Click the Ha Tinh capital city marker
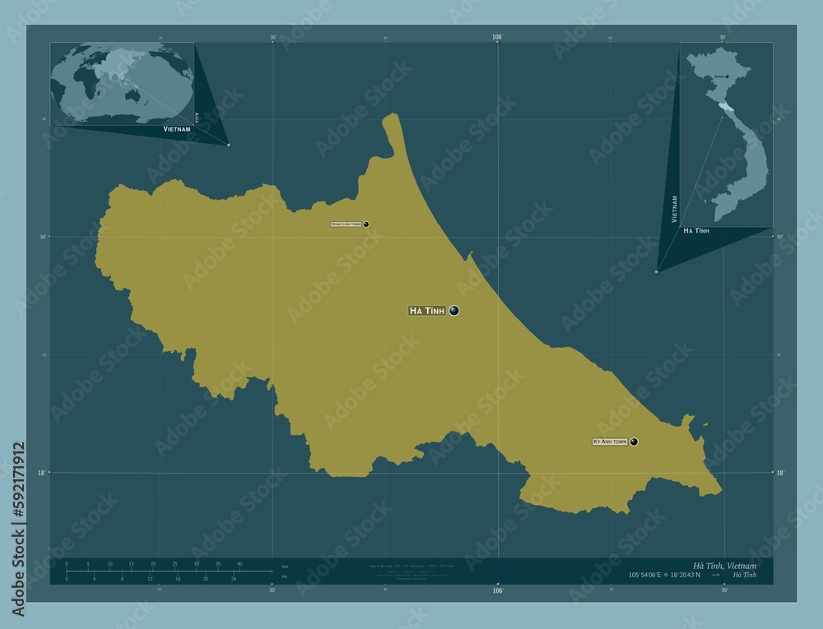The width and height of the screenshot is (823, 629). [453, 310]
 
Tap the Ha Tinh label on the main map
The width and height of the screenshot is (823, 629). [427, 311]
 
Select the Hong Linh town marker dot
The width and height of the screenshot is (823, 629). [365, 224]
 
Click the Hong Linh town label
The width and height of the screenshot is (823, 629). [346, 224]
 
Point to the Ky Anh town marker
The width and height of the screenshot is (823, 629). [635, 442]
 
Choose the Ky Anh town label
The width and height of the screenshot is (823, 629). [610, 442]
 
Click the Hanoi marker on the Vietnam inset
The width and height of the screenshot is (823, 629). [727, 76]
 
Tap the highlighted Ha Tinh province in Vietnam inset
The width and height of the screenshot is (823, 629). [722, 107]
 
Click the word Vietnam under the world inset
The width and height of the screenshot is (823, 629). [177, 130]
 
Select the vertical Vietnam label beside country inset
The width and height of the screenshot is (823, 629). [675, 210]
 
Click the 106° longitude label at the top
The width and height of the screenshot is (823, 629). [497, 37]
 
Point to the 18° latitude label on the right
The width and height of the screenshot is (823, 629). [779, 473]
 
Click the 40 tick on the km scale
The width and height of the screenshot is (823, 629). [239, 563]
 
